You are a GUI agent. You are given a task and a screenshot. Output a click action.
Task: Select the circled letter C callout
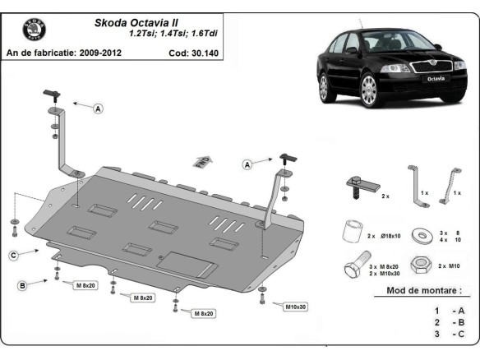point(14,256)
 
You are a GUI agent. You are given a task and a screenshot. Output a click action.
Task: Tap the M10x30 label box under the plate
point(296,307)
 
